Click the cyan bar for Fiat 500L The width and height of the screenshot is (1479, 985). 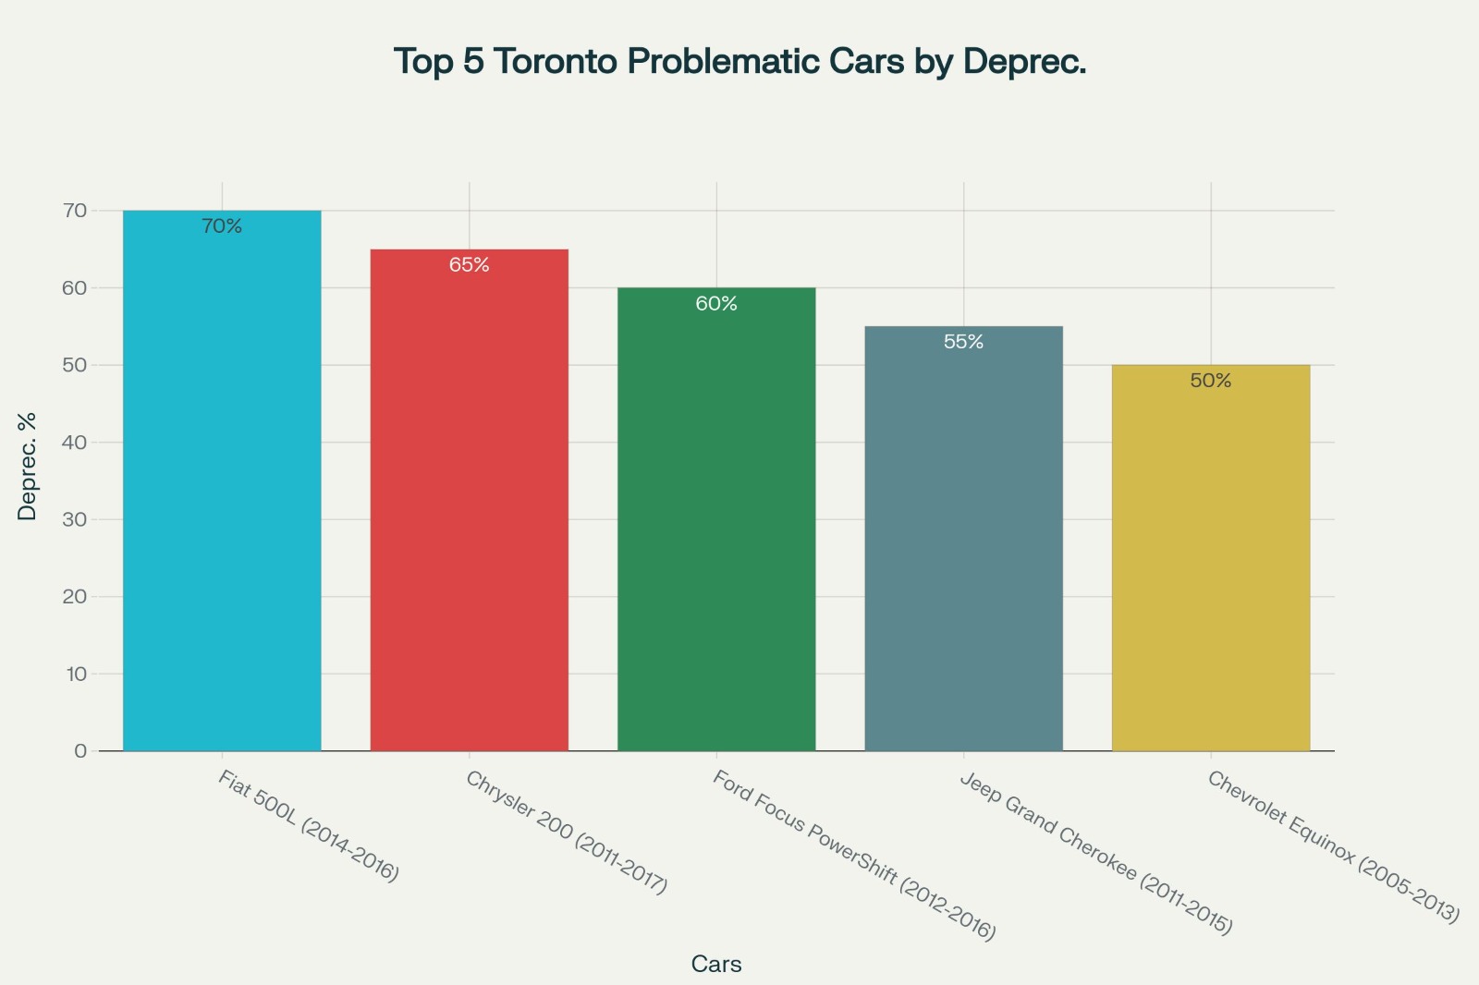coord(222,480)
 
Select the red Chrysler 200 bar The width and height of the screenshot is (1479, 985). coord(469,500)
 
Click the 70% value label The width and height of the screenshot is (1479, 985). coord(222,226)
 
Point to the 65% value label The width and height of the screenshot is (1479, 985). coord(469,265)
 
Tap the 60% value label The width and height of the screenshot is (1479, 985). coord(716,304)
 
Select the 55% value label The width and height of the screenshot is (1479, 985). coord(963,342)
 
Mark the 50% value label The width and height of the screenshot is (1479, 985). coord(1210,381)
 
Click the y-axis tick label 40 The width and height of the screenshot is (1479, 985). coord(76,443)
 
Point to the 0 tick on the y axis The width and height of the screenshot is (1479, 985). coord(81,751)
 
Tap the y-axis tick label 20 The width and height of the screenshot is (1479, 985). coord(76,597)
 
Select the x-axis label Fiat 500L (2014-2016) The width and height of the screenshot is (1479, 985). coord(309,826)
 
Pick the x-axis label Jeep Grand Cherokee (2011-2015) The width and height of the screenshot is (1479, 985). coord(1096,853)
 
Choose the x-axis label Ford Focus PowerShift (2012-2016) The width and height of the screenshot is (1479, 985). coord(854,856)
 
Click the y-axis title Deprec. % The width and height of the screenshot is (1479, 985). coord(28,467)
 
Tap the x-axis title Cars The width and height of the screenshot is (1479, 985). coord(716,965)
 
